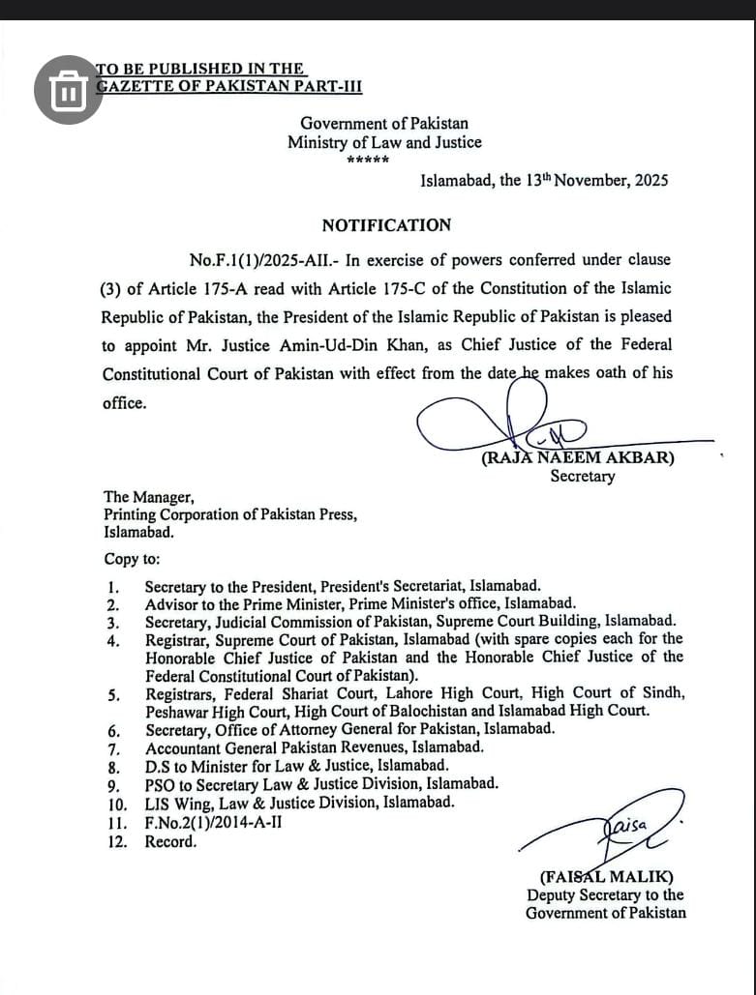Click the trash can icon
click(68, 90)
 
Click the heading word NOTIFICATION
click(386, 225)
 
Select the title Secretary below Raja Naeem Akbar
click(582, 476)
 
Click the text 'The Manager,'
click(149, 498)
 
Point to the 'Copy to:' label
click(133, 559)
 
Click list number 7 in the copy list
click(113, 748)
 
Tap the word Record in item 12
click(170, 841)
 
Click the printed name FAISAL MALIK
click(606, 877)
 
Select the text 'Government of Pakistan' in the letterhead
click(383, 124)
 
